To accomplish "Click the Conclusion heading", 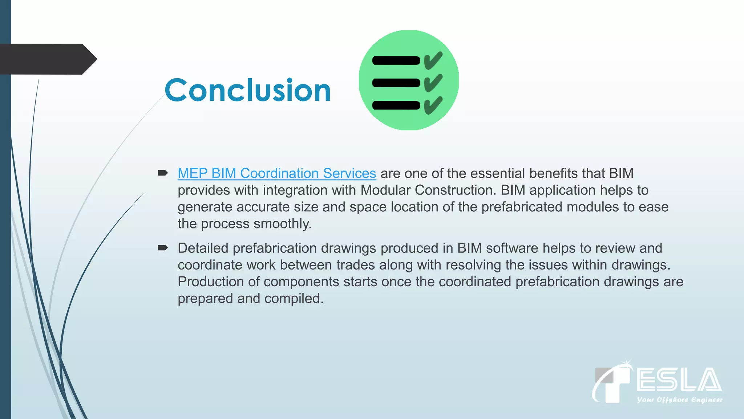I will [x=247, y=90].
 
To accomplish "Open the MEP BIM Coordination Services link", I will [x=276, y=173].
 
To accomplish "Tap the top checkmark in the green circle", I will [x=433, y=60].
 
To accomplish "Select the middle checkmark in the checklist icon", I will [x=433, y=83].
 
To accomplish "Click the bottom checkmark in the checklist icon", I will [x=433, y=105].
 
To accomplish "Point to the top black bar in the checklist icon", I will [x=396, y=60].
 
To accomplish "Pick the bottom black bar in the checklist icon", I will [x=396, y=105].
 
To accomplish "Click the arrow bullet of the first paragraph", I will [x=162, y=173].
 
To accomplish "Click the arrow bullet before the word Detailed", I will [x=162, y=248].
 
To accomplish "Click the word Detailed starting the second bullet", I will [x=203, y=248].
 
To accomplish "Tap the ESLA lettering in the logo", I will [x=679, y=380].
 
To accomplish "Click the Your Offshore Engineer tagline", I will [x=679, y=400].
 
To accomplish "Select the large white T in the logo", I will [x=614, y=386].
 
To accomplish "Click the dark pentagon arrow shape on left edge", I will [x=47, y=59].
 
